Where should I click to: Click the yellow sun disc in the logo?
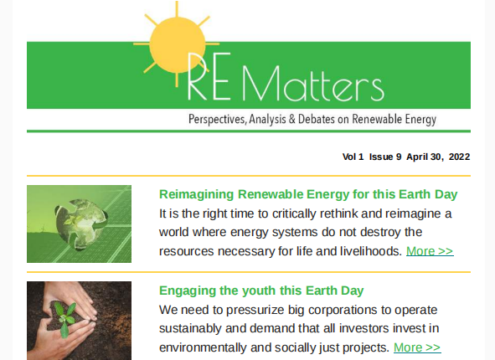click(x=177, y=45)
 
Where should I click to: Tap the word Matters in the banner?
click(x=313, y=83)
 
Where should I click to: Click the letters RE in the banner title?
click(x=209, y=76)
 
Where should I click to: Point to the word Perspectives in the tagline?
click(x=217, y=119)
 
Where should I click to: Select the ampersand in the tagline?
click(x=292, y=119)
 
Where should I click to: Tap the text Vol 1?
click(x=353, y=157)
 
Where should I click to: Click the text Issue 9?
click(x=385, y=157)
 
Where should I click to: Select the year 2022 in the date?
click(x=459, y=157)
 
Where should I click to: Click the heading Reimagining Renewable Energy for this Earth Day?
click(x=308, y=194)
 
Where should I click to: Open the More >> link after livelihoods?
click(x=430, y=251)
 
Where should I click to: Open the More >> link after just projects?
click(x=417, y=347)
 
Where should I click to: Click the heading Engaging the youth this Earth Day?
click(x=261, y=291)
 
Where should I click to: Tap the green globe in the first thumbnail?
click(x=81, y=224)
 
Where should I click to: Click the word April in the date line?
click(x=417, y=157)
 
